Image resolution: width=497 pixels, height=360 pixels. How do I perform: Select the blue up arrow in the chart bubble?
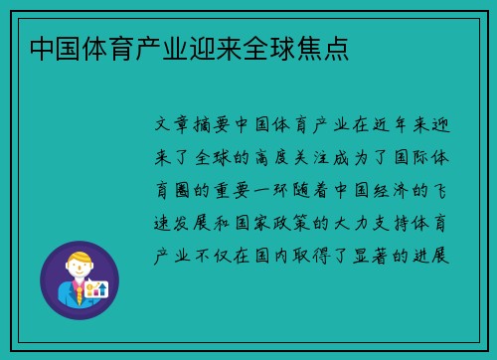(100, 287)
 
